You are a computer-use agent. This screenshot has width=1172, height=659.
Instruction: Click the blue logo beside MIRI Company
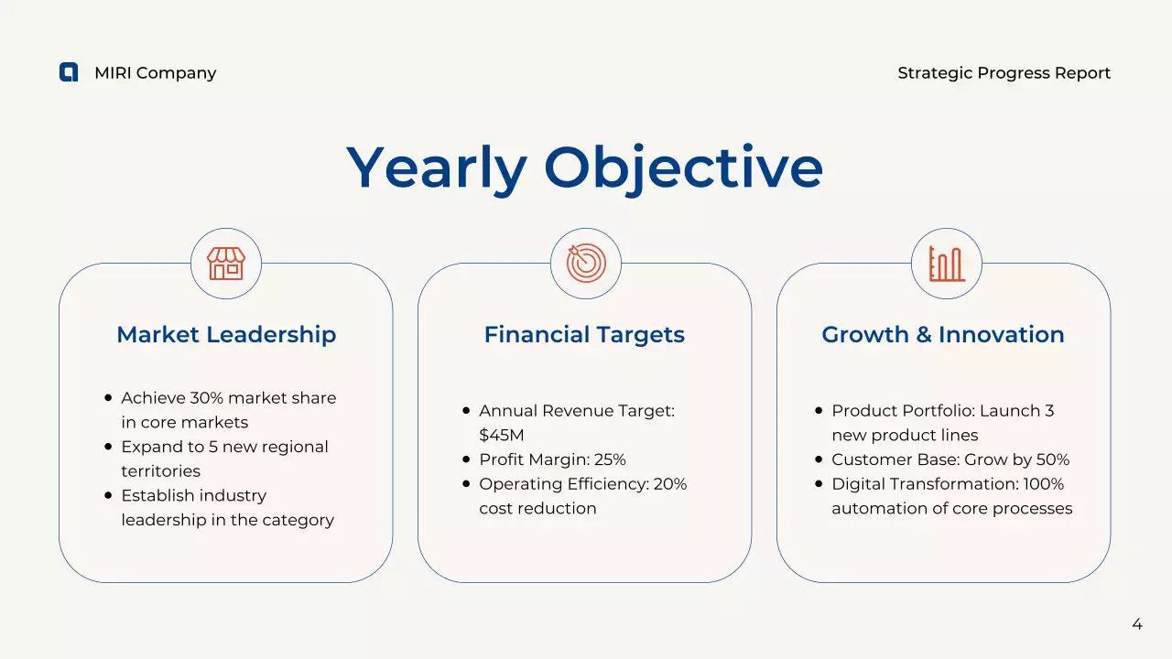(69, 72)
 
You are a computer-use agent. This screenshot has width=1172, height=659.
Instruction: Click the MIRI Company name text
(155, 73)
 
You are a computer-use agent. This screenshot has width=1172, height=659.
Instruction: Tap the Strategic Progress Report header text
(1004, 73)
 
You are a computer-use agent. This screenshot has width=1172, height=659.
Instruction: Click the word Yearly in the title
(436, 168)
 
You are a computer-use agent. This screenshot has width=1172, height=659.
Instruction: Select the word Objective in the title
(683, 168)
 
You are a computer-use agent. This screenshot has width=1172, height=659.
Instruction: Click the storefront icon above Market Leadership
(226, 264)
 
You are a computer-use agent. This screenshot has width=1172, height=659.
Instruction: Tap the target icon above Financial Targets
(586, 264)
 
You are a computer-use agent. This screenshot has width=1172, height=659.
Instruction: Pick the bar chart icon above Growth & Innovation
(946, 264)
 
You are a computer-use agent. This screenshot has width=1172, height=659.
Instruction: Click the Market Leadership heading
(226, 335)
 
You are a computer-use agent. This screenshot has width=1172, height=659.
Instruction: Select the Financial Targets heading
(584, 335)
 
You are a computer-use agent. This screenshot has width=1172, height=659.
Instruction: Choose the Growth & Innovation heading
(943, 335)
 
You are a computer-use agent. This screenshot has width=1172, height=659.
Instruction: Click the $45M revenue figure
(502, 435)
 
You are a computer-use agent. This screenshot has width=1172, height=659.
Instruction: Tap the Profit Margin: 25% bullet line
(552, 459)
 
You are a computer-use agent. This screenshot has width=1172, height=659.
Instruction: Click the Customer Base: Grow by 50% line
(950, 459)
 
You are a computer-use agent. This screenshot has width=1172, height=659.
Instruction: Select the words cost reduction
(537, 508)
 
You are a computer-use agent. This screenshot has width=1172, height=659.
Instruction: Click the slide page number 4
(1137, 624)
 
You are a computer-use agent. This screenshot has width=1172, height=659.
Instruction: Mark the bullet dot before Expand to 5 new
(108, 447)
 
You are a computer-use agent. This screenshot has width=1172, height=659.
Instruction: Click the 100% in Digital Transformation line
(1045, 484)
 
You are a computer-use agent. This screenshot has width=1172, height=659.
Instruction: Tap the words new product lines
(905, 435)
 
